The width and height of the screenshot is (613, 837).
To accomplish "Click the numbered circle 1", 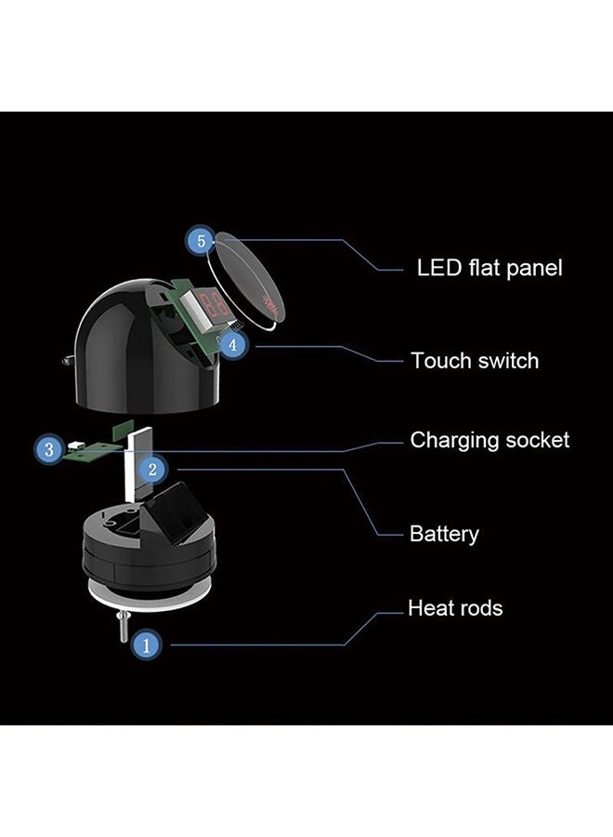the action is pos(147,644).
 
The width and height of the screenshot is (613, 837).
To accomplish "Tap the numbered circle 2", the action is pos(152,470).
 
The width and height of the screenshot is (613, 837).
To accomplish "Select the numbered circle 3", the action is pos(49,449).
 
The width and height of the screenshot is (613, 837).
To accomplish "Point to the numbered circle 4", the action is pos(232,345).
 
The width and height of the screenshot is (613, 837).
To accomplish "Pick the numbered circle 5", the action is pos(201,241).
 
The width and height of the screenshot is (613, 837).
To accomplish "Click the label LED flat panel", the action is pos(489,268).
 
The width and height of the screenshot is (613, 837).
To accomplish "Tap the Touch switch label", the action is pos(475,361).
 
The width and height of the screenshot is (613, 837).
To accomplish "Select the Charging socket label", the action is pos(489,441).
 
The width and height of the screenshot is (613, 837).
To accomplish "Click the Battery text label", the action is pos(444,534).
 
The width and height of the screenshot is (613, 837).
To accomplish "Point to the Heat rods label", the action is pos(455,608).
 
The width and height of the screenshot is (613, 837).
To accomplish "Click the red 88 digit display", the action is pos(215,304).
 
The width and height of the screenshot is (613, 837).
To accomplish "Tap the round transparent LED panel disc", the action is pos(246,279).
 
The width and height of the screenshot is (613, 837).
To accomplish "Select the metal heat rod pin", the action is pos(124,627).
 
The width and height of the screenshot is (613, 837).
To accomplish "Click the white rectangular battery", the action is pos(139,464).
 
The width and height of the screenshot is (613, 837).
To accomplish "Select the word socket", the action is pos(537,441).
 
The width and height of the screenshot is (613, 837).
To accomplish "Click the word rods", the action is pos(478,608).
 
